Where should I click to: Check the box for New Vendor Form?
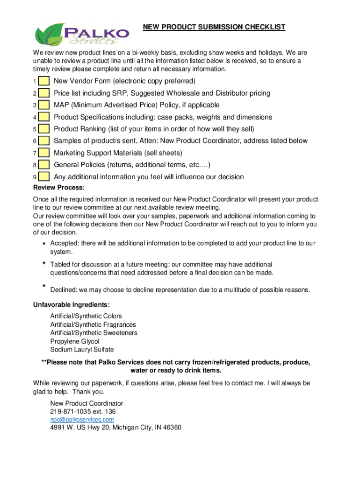tap(44, 82)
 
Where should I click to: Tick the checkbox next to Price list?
tap(44, 93)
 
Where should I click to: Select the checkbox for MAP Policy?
tap(44, 105)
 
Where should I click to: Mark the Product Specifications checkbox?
tap(44, 117)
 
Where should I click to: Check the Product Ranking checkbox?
tap(44, 129)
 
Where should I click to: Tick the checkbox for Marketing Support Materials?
tap(44, 153)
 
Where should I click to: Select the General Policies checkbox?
tap(44, 165)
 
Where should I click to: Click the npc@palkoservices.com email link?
tap(82, 420)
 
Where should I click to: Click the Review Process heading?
tap(59, 188)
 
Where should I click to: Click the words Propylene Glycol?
tap(75, 341)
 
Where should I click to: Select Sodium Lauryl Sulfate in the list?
tap(82, 350)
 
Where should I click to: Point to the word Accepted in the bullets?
tap(65, 243)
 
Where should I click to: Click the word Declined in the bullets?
tap(64, 290)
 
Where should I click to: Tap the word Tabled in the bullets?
tap(61, 265)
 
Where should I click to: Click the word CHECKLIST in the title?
tap(266, 28)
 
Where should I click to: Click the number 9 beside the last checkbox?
tap(35, 177)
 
